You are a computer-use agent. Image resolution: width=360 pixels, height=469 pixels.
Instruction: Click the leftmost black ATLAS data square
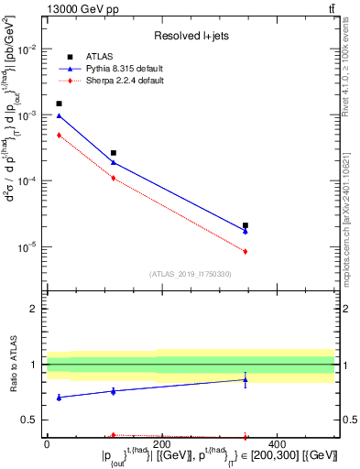[59, 104]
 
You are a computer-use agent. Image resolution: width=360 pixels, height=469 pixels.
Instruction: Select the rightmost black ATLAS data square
[245, 224]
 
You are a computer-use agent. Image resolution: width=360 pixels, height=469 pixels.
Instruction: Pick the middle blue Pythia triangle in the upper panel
[114, 162]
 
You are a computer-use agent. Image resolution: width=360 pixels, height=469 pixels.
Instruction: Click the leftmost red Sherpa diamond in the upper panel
[59, 135]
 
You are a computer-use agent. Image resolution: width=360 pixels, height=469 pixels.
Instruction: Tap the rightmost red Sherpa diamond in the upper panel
[245, 251]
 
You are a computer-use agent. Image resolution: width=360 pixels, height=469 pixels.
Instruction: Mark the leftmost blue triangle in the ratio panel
[59, 398]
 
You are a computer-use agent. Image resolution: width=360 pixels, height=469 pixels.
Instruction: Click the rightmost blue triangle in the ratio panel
[245, 379]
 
